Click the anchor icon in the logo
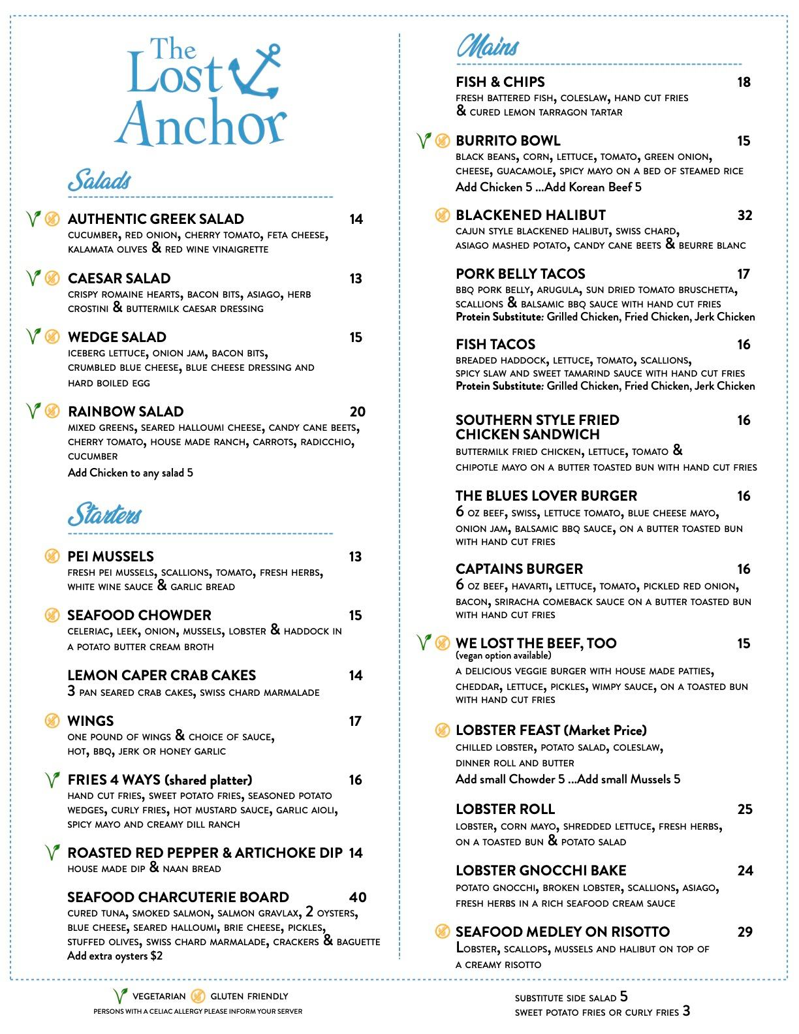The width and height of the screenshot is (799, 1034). pos(256,72)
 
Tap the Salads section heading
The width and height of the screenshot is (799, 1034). pos(100,181)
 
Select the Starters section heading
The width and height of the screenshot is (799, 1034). pos(104,514)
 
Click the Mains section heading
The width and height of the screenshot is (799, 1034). pos(488,46)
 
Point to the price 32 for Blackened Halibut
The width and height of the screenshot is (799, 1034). pos(744,215)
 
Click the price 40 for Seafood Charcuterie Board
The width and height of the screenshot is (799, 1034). pos(357,898)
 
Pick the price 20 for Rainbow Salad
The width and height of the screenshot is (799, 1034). pos(357,412)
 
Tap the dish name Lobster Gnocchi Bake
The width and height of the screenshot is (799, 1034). pos(540,871)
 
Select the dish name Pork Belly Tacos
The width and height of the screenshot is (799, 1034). pos(520,274)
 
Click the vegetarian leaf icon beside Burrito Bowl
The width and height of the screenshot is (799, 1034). pos(424,140)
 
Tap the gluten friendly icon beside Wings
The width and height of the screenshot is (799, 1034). pos(52,721)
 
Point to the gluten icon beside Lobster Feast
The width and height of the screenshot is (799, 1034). pos(443,730)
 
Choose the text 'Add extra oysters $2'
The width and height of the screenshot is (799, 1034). pos(115,956)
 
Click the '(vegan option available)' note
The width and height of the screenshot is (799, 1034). pos(503,655)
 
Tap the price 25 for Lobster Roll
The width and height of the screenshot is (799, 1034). pos(745,809)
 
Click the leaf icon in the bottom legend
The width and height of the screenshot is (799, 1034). pos(119,996)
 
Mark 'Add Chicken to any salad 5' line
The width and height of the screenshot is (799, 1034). pos(131,473)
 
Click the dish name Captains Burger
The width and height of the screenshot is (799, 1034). pos(519,569)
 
